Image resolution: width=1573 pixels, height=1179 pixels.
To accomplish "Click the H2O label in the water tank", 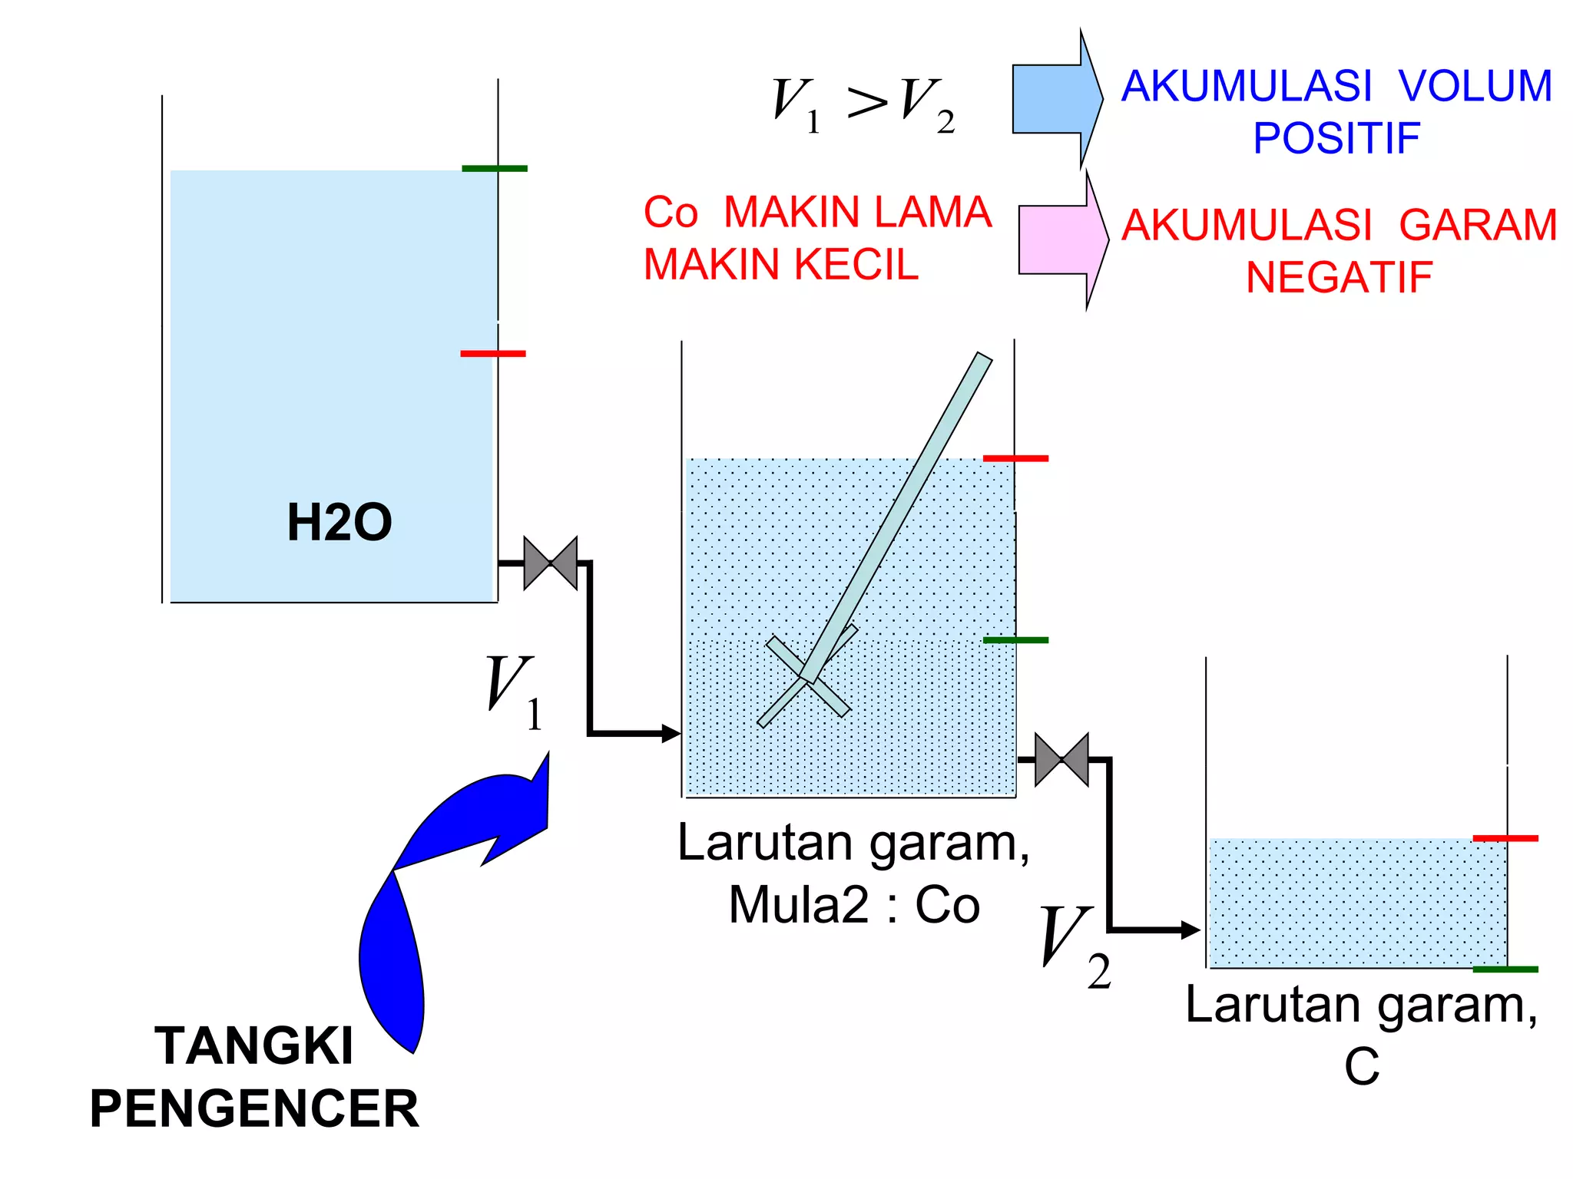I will click(339, 523).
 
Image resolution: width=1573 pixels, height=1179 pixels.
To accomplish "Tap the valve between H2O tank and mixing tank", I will click(550, 563).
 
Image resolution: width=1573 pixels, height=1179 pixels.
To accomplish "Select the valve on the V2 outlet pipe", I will click(1061, 760).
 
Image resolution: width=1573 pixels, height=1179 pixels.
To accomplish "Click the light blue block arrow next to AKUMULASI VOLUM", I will click(1056, 99).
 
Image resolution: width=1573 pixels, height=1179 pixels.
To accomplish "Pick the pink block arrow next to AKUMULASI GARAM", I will click(1062, 239).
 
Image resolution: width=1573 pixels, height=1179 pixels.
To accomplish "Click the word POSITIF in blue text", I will click(1336, 138).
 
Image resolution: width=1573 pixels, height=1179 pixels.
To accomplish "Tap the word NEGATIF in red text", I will click(1339, 278).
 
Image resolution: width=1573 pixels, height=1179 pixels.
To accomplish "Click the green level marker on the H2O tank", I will click(494, 168).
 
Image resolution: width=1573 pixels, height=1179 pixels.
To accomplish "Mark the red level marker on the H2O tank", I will click(493, 354).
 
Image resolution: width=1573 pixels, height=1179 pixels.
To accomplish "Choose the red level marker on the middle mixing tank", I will click(1015, 458).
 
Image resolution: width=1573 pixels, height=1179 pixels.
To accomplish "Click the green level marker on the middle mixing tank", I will click(1015, 639).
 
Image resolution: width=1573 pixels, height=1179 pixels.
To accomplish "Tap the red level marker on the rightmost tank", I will click(1505, 838).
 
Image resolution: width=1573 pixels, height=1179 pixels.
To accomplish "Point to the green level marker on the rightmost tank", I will click(1505, 969).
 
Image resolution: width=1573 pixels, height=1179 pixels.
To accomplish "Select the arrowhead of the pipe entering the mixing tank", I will click(671, 734).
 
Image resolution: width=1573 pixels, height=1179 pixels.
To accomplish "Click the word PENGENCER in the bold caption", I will click(254, 1109).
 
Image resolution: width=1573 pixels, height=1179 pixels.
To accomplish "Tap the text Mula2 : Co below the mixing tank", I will click(854, 905).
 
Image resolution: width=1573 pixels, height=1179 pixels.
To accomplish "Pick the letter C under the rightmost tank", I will click(1362, 1066).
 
